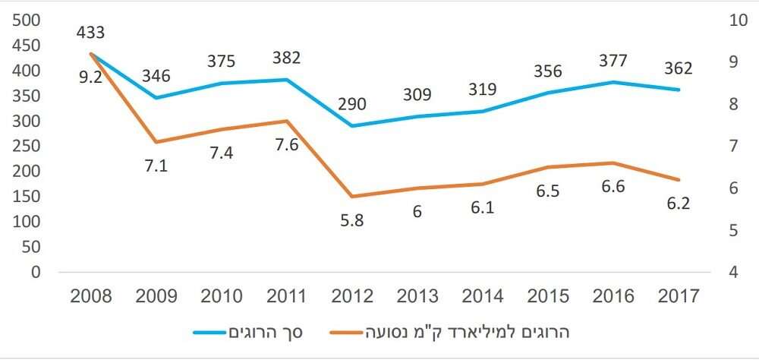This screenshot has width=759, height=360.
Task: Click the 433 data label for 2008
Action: (x=90, y=33)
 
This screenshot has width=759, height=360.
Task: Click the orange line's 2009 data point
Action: (x=156, y=142)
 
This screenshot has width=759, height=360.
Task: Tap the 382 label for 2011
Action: (x=286, y=58)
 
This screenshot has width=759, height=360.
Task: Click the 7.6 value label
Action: (x=286, y=145)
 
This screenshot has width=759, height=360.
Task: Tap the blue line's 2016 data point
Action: (x=613, y=82)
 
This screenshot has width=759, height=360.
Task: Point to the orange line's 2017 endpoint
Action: (x=678, y=180)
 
